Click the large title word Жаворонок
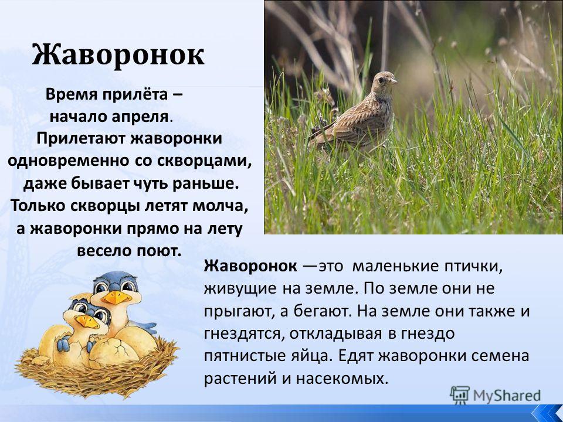pos(118,55)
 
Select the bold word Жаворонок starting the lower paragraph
pos(250,266)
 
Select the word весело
pos(103,250)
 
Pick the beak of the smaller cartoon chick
pos(87,321)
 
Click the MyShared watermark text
pos(507,396)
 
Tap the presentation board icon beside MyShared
pos(460,395)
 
